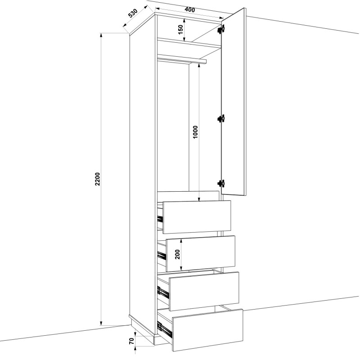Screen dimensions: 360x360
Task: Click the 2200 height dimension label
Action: click(x=98, y=179)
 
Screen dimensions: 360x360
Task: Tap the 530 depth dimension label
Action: click(x=133, y=13)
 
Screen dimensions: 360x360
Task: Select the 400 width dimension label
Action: click(x=189, y=9)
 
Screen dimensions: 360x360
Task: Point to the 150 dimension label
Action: click(x=180, y=29)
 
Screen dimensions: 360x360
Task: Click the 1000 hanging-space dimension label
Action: click(x=195, y=132)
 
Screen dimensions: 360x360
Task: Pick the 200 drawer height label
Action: click(x=177, y=254)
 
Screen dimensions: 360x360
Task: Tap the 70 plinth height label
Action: click(x=131, y=341)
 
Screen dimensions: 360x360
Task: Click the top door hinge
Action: click(x=221, y=29)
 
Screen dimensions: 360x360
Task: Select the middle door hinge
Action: click(x=220, y=118)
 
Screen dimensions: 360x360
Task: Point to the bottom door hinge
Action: click(x=221, y=184)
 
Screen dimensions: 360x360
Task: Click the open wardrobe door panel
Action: click(x=234, y=102)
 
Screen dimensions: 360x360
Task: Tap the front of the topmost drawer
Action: click(x=197, y=217)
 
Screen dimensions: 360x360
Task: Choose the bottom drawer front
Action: click(x=207, y=330)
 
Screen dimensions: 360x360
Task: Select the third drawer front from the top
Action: click(x=204, y=291)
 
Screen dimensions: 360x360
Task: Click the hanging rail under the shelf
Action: click(x=182, y=58)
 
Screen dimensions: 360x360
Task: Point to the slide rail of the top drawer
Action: click(x=160, y=219)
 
